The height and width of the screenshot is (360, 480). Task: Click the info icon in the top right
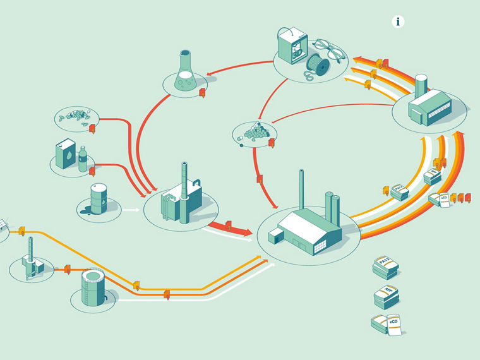pos(398,21)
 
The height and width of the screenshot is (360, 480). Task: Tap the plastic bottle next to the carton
pos(82,159)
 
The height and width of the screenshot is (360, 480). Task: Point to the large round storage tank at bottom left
pos(93,287)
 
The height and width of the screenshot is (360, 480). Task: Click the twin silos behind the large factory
pos(333,205)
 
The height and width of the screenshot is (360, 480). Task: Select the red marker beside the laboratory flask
pos(202,93)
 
